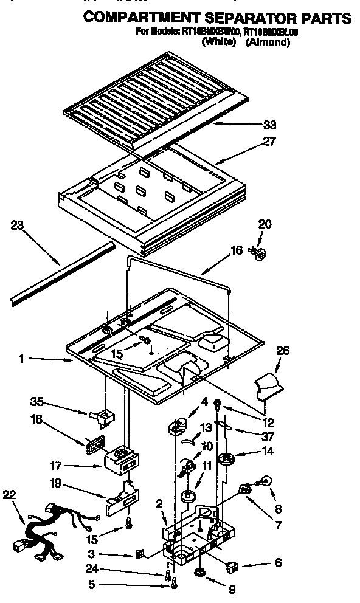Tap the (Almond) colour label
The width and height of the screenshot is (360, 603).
coord(268,42)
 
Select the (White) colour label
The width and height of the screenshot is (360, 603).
coord(218,42)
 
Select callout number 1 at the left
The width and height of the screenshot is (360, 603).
coord(22,359)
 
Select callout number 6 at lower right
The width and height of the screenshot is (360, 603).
coord(278,563)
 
